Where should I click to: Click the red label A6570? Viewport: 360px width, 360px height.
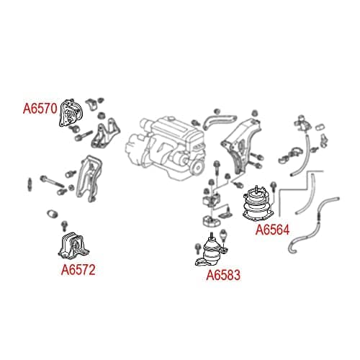coord(40,108)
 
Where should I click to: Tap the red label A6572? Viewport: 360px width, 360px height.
coord(78,270)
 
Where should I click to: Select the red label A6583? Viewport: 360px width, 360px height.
coord(223,275)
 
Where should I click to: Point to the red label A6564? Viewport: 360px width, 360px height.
coord(272,230)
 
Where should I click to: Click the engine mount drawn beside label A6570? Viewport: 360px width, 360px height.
coord(71,113)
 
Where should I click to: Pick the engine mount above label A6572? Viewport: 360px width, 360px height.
coord(73,246)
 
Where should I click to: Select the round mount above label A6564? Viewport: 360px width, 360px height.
coord(258,204)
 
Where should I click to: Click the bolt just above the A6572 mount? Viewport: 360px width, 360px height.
coord(65,226)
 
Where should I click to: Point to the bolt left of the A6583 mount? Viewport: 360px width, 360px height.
coord(198,248)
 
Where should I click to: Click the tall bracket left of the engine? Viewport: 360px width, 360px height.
coord(89,178)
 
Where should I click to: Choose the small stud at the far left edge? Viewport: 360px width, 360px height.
coord(30,184)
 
